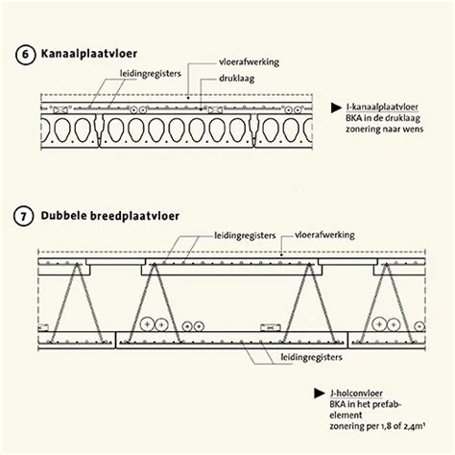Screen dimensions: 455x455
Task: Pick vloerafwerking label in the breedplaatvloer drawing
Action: (x=323, y=233)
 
